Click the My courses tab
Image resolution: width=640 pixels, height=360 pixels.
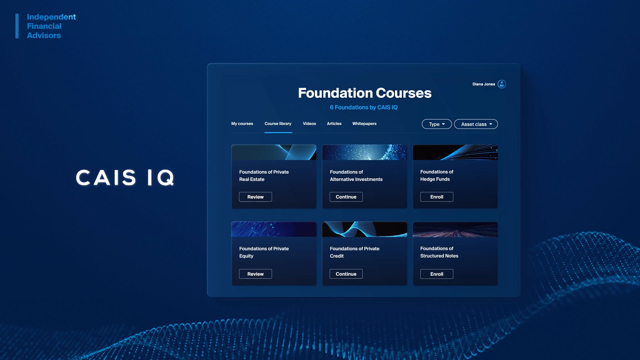click(242, 124)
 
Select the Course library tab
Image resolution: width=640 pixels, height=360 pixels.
click(278, 124)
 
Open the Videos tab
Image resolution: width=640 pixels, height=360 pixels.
click(309, 124)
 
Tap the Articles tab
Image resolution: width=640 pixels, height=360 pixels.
click(334, 124)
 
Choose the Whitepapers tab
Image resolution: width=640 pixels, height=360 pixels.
click(364, 124)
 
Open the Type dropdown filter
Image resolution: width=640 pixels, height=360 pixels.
click(437, 124)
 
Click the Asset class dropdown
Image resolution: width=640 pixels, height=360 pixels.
click(476, 124)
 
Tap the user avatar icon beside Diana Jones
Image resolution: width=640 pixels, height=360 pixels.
click(502, 84)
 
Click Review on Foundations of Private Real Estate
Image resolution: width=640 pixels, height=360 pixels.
click(255, 197)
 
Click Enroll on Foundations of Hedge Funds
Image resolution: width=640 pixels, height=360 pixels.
click(437, 197)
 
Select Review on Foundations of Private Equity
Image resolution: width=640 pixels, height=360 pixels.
click(255, 274)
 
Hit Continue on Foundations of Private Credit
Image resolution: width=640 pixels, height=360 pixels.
click(346, 274)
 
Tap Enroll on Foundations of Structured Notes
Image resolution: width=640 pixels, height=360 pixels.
click(437, 274)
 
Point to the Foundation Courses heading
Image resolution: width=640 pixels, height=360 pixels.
click(365, 93)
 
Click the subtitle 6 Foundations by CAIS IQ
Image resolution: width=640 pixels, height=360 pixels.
click(364, 107)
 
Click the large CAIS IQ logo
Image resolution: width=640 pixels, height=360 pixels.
click(125, 177)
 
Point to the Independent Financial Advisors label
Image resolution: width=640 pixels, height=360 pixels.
click(51, 26)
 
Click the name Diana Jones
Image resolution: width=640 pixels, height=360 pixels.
click(484, 84)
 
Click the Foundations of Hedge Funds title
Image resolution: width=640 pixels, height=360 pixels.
click(437, 175)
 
